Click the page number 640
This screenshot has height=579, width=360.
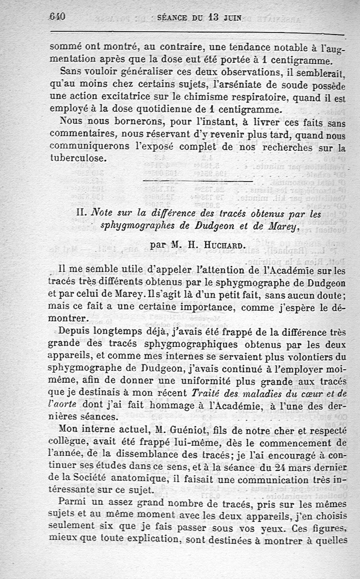(57, 17)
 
